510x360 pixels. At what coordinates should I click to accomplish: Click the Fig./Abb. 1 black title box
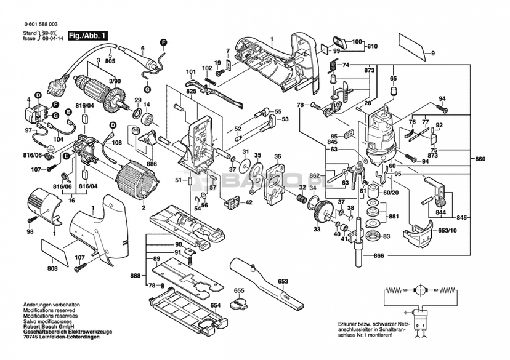click(87, 36)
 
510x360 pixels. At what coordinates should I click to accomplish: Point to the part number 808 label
click(53, 268)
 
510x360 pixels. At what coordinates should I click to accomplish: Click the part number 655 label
click(238, 291)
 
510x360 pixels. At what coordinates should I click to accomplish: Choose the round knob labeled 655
click(238, 304)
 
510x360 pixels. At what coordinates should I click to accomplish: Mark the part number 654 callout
click(216, 305)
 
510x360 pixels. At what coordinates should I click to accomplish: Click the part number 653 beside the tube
click(283, 282)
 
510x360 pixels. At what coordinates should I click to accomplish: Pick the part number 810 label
click(371, 47)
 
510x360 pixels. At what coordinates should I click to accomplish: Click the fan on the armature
click(115, 100)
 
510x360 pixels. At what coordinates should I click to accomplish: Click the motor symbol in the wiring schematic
click(421, 288)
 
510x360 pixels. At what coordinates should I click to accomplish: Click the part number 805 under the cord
click(110, 62)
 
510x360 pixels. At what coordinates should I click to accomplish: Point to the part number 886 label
click(151, 164)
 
